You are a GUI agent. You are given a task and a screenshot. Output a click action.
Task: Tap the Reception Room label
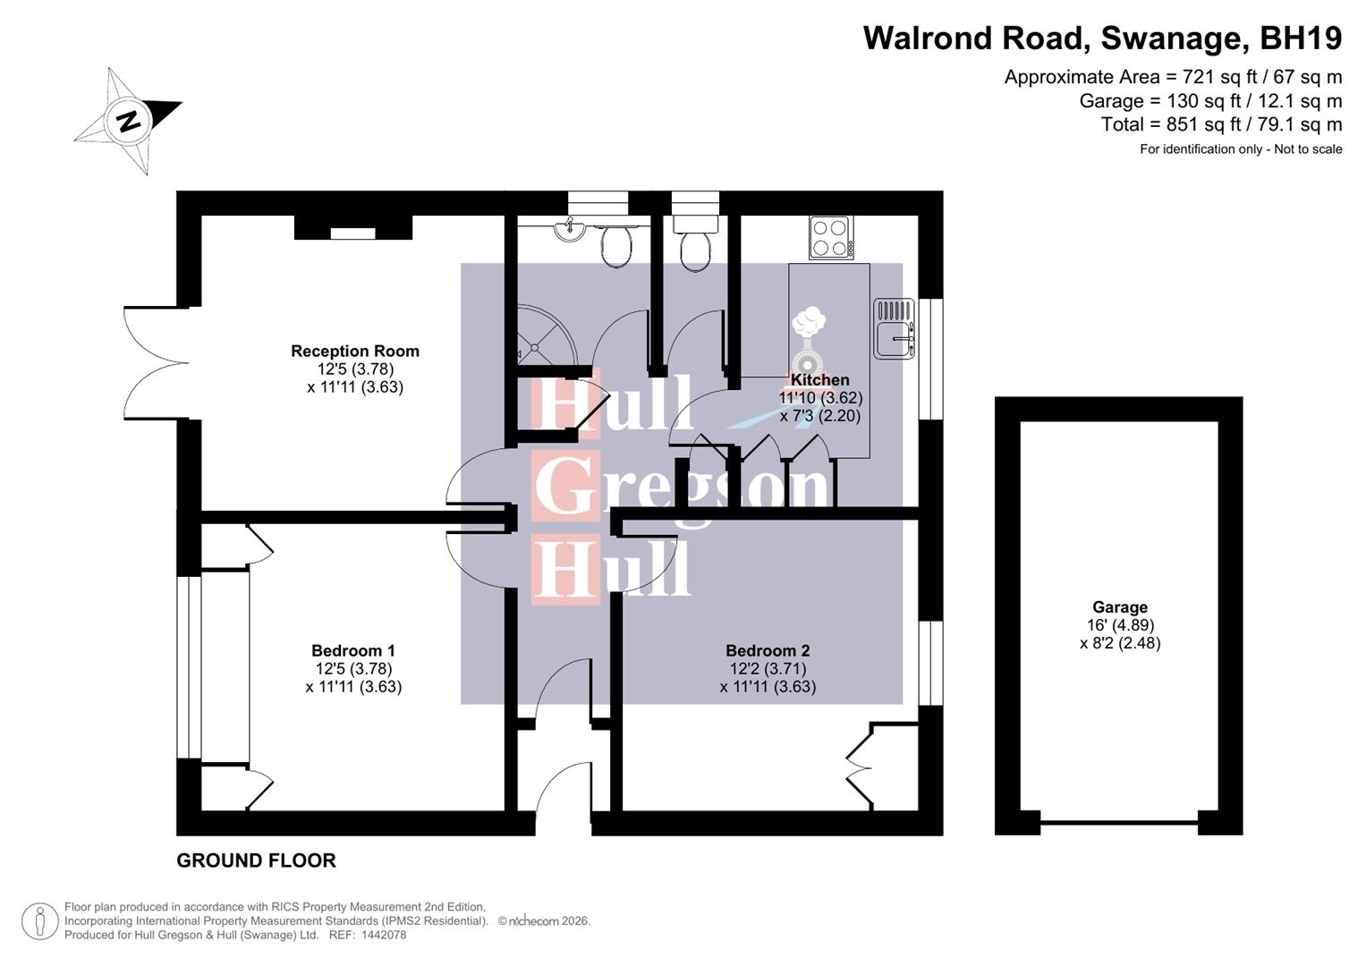click(x=354, y=352)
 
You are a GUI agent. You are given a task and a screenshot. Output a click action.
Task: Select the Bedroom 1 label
click(x=352, y=651)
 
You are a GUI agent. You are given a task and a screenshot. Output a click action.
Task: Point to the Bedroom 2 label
click(x=767, y=651)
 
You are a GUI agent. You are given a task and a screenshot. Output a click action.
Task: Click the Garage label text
click(x=1119, y=607)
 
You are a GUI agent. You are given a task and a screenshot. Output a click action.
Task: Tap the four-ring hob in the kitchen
click(x=830, y=237)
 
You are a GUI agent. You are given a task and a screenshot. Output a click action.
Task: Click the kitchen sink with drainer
click(x=894, y=328)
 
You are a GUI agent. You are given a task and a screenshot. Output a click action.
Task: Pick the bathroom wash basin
click(x=568, y=230)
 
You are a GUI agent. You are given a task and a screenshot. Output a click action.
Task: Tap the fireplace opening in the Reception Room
click(x=352, y=233)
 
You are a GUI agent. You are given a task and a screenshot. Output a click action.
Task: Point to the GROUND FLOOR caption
click(x=256, y=860)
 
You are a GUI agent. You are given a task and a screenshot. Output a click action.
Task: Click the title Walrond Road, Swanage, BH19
click(x=1101, y=38)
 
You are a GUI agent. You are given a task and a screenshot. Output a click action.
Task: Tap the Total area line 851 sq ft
click(x=1221, y=124)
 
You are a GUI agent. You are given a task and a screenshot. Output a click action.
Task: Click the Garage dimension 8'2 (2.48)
click(x=1119, y=643)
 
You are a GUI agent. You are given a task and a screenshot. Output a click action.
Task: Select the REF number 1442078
click(x=380, y=935)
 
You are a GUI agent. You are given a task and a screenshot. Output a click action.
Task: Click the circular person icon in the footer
click(x=39, y=921)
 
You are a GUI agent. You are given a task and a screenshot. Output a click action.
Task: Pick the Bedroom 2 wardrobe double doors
click(x=859, y=767)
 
